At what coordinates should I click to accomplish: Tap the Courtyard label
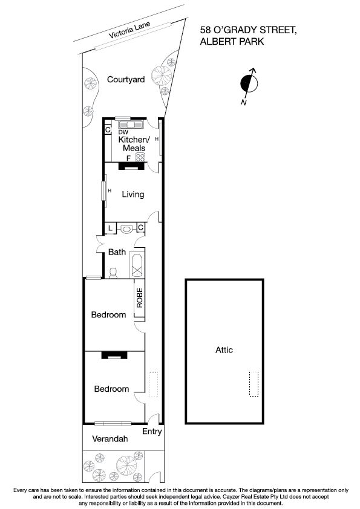pyautogui.click(x=126, y=79)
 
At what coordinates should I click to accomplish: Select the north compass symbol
pyautogui.click(x=247, y=83)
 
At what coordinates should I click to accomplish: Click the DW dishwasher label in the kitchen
pyautogui.click(x=123, y=132)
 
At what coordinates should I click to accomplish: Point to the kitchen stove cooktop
pyautogui.click(x=140, y=158)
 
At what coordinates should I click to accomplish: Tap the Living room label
pyautogui.click(x=133, y=194)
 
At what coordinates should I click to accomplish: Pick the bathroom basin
pyautogui.click(x=126, y=229)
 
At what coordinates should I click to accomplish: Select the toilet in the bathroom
pyautogui.click(x=113, y=273)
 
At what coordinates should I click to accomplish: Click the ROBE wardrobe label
pyautogui.click(x=139, y=297)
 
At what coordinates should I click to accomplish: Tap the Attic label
pyautogui.click(x=224, y=349)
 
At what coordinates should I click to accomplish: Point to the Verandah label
pyautogui.click(x=110, y=439)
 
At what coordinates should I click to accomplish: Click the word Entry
pyautogui.click(x=151, y=432)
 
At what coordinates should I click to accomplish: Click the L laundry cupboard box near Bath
pyautogui.click(x=111, y=228)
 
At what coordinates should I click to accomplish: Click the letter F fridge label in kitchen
pyautogui.click(x=128, y=158)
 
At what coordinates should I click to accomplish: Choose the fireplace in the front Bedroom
pyautogui.click(x=113, y=356)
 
